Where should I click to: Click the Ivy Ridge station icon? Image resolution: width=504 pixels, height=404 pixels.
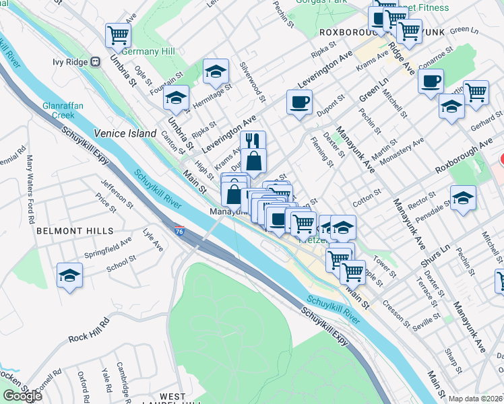coord(96,61)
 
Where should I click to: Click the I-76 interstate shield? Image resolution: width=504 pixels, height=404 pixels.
coord(179,231)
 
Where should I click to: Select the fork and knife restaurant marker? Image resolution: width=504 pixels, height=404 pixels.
coord(253,141)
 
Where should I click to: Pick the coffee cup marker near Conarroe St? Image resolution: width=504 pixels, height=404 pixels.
coord(431,81)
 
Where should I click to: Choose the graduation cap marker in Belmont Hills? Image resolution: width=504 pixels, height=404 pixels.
coord(69,275)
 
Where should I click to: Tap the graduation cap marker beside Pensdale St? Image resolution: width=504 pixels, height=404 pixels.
coord(463,199)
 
